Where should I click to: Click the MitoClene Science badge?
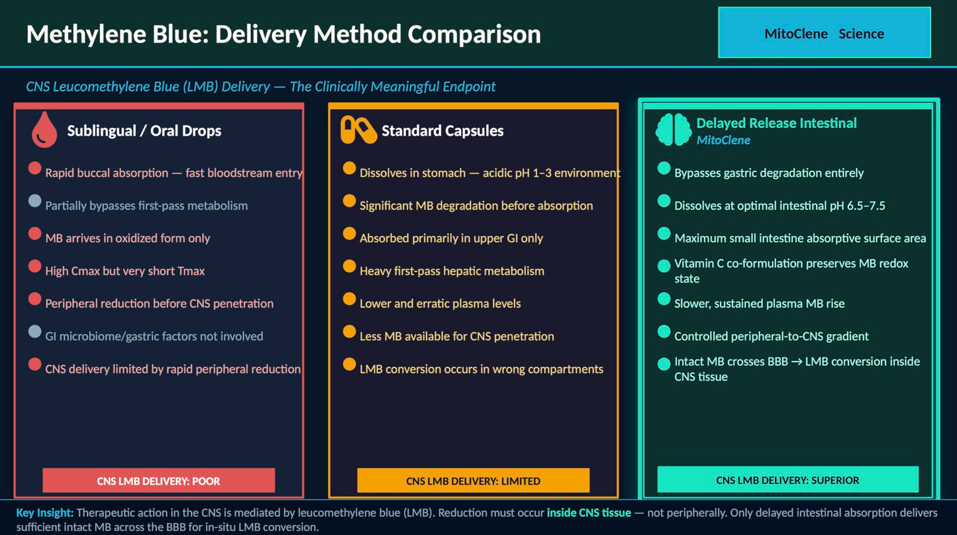click(x=825, y=32)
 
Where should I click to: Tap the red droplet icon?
click(x=44, y=130)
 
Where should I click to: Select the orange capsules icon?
click(x=358, y=130)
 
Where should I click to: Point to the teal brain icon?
click(x=674, y=130)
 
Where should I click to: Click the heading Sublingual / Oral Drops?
click(x=144, y=130)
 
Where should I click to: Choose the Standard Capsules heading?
click(x=442, y=130)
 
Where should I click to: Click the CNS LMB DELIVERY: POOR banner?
click(x=158, y=481)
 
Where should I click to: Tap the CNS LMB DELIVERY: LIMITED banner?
click(x=474, y=481)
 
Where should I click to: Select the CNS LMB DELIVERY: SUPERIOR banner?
click(x=788, y=479)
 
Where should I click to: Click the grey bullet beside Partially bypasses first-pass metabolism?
click(x=34, y=201)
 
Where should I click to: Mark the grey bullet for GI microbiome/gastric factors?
click(x=34, y=331)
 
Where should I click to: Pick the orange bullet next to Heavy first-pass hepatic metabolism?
click(x=349, y=266)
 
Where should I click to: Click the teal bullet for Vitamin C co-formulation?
click(x=664, y=266)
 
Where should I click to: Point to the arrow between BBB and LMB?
click(x=796, y=362)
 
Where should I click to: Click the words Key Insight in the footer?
click(x=45, y=512)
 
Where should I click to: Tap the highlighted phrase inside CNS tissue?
click(x=589, y=512)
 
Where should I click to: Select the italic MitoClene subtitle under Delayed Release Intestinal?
click(x=723, y=140)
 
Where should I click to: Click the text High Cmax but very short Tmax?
click(x=125, y=271)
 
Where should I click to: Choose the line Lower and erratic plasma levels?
click(x=440, y=303)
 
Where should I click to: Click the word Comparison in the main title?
click(x=474, y=34)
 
